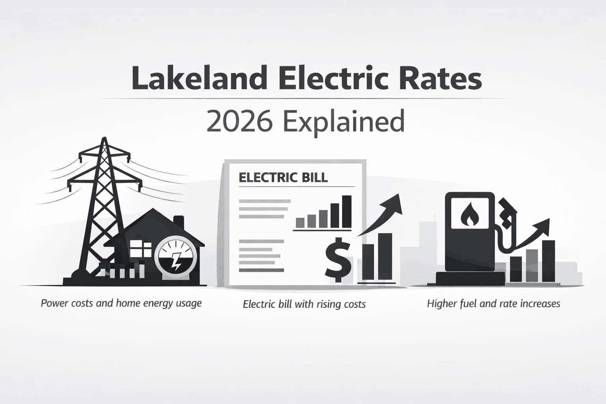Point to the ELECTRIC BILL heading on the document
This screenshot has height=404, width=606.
tap(283, 177)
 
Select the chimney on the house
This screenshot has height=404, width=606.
tap(179, 224)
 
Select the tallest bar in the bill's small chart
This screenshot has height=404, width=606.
tap(346, 211)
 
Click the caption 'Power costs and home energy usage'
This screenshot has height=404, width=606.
tap(121, 303)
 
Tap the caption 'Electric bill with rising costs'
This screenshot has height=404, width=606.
tap(304, 304)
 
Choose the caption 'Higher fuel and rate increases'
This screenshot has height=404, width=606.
tap(494, 304)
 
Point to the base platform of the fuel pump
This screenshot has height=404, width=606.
tap(470, 279)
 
